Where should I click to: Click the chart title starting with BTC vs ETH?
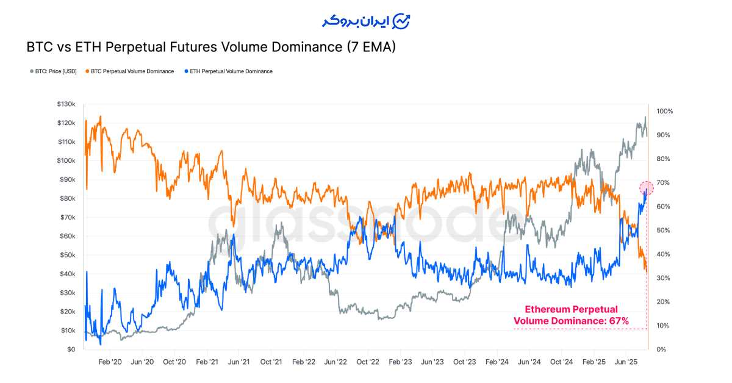pos(211,47)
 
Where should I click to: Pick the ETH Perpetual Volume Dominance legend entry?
pos(231,71)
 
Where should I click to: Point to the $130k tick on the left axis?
pos(65,104)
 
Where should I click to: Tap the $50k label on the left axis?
pos(66,255)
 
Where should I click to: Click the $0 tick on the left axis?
pos(70,349)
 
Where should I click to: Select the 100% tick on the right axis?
pos(665,112)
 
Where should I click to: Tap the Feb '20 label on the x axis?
pos(109,362)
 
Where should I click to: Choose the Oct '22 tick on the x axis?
pos(368,362)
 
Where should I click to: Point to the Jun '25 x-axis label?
pos(626,362)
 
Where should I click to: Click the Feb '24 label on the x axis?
pos(497,362)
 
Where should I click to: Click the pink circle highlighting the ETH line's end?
pos(647,187)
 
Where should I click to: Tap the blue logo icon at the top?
pos(401,20)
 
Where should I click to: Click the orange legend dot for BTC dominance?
pos(88,71)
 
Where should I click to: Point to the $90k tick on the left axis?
pos(66,180)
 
